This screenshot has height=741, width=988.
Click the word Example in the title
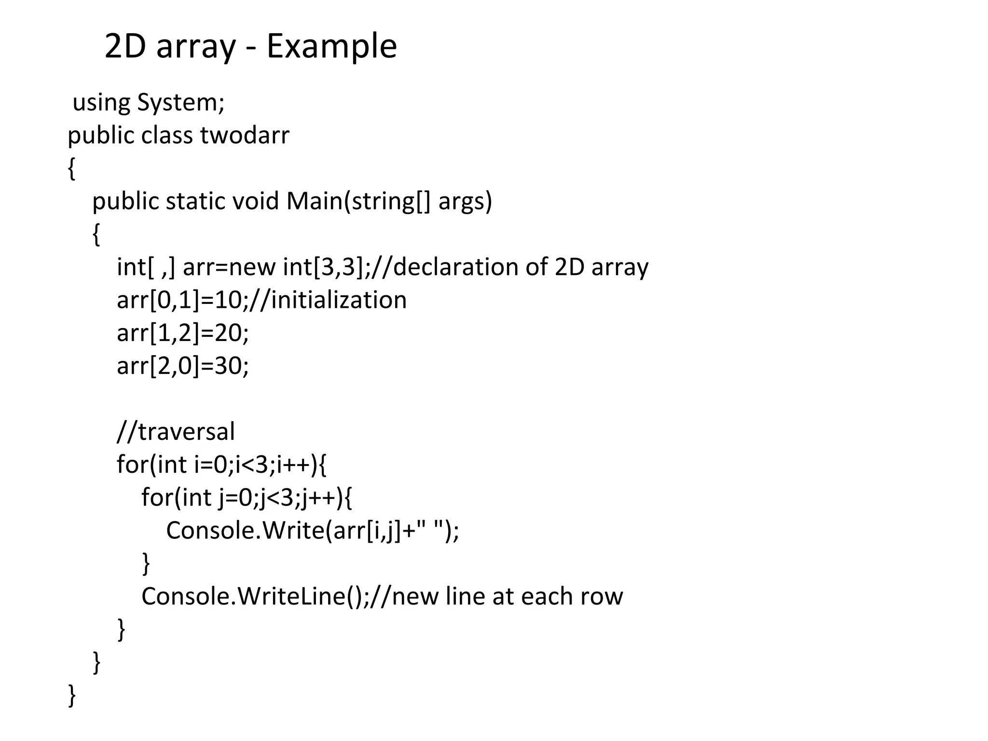pos(331,46)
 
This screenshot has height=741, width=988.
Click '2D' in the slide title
pos(125,46)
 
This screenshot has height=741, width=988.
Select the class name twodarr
pos(245,135)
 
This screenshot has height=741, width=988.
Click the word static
pos(195,201)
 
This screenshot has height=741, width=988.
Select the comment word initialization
pos(339,300)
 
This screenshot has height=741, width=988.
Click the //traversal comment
pos(176,431)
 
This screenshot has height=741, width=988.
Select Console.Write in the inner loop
pos(245,530)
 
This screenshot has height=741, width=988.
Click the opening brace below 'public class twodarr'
pos(72,168)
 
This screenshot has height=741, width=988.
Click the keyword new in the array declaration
pos(251,267)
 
